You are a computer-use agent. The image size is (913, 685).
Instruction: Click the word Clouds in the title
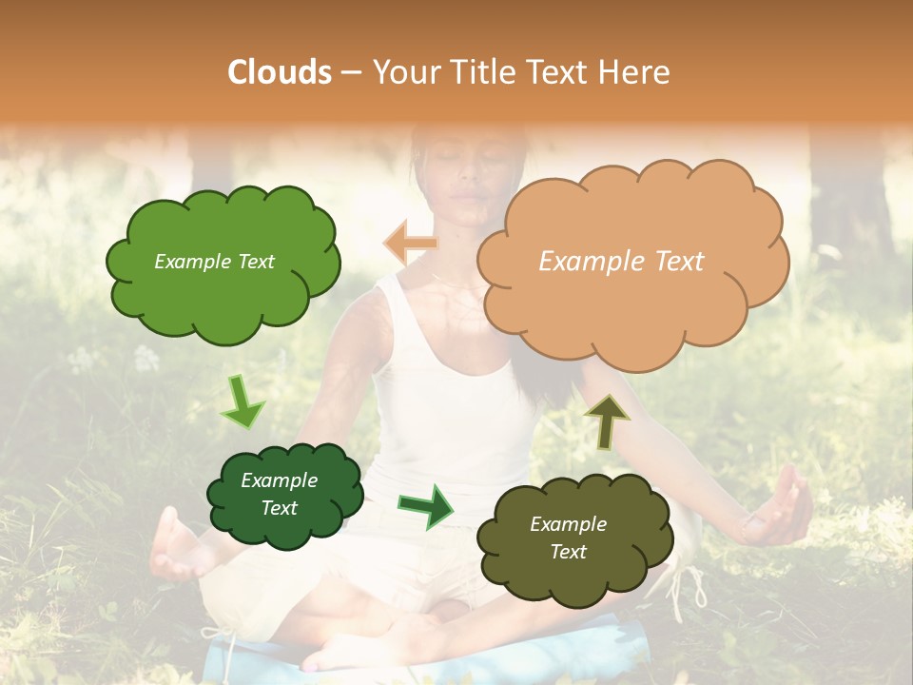point(280,72)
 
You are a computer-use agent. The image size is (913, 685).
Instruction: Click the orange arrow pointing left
point(411,243)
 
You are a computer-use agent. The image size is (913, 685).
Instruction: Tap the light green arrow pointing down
point(242,401)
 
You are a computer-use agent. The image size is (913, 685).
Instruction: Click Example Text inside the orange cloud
point(621,262)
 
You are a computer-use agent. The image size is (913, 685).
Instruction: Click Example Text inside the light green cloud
point(214,262)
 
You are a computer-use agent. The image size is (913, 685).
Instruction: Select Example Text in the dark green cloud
point(279,494)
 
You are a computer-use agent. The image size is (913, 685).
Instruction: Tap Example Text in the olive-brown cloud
point(568,538)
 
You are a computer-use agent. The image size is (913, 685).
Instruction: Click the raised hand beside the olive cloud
point(780,509)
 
